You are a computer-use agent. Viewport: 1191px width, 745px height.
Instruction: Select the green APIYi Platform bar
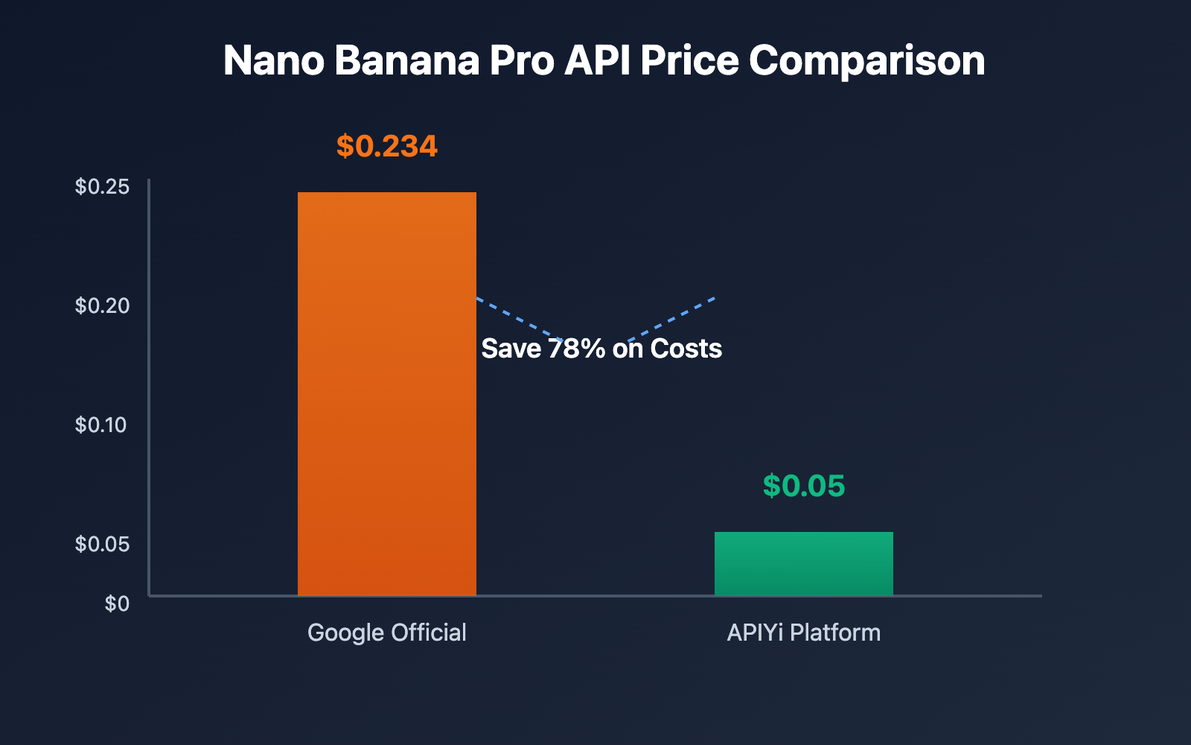pyautogui.click(x=803, y=563)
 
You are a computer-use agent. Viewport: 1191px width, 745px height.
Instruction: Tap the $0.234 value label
pyautogui.click(x=387, y=146)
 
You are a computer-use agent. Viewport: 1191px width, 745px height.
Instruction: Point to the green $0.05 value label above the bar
pyautogui.click(x=804, y=486)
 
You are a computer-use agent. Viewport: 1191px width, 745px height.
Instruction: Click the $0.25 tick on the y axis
pyautogui.click(x=103, y=186)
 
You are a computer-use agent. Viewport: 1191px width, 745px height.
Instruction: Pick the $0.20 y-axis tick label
pyautogui.click(x=103, y=305)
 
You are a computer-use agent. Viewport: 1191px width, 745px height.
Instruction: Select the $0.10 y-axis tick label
pyautogui.click(x=101, y=425)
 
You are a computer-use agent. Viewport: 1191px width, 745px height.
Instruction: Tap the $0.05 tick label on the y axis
pyautogui.click(x=103, y=544)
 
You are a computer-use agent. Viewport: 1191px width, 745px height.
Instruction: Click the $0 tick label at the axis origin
pyautogui.click(x=117, y=603)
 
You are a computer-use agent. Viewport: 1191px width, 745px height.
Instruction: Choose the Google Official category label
pyautogui.click(x=387, y=633)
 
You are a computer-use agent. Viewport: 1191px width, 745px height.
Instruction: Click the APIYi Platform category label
pyautogui.click(x=804, y=633)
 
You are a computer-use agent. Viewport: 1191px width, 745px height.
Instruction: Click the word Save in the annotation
pyautogui.click(x=511, y=349)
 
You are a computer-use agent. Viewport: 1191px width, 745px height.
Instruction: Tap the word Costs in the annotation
pyautogui.click(x=686, y=349)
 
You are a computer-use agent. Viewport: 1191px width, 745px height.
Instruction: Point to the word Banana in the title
pyautogui.click(x=407, y=60)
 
